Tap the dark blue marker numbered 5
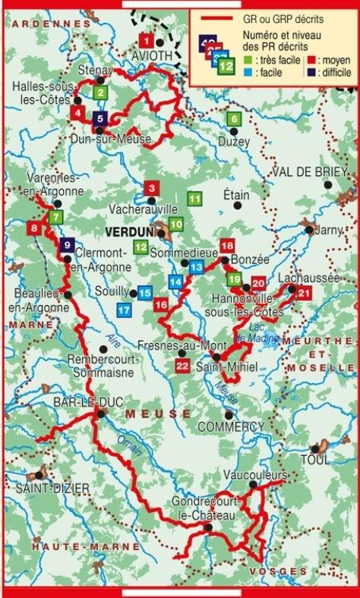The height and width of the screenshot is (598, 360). click(x=101, y=118)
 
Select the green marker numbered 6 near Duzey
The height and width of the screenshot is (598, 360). click(x=234, y=118)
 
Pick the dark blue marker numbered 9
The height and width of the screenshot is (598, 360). click(x=68, y=245)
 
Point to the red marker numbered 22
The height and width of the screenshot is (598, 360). click(x=181, y=367)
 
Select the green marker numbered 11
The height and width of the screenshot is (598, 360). click(x=194, y=200)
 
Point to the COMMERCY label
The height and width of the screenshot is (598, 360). click(x=230, y=427)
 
